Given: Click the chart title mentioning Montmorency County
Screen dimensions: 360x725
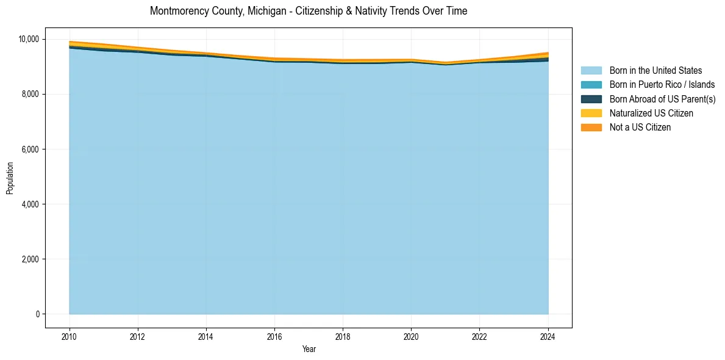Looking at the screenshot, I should coord(309,11).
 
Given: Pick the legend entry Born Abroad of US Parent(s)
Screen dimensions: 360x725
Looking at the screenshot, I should coord(662,99).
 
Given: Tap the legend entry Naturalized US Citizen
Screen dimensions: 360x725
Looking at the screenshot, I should coord(651,113).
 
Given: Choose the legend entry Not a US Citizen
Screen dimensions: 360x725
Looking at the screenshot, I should coord(640,128).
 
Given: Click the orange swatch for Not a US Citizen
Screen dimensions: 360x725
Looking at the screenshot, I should coord(591,128).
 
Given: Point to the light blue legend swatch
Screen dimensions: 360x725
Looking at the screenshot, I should coord(591,71).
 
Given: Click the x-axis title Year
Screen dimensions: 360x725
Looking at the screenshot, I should coord(309,349).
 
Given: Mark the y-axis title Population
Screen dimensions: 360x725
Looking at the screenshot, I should coord(10,178).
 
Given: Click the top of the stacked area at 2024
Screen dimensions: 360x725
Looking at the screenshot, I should coord(548,53).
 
